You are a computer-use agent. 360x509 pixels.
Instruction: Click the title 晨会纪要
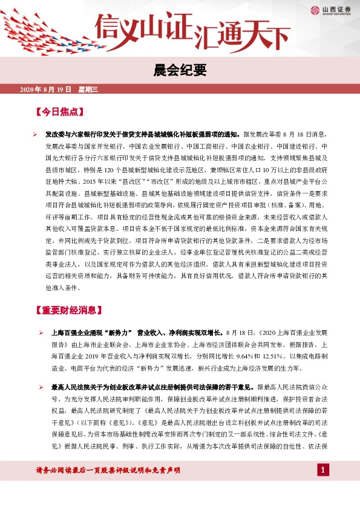click(x=180, y=70)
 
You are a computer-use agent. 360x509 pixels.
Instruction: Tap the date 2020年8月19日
click(x=46, y=89)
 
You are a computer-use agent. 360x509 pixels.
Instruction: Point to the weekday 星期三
click(x=88, y=89)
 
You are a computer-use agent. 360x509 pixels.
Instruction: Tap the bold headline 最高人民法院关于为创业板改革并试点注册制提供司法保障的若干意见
click(x=149, y=387)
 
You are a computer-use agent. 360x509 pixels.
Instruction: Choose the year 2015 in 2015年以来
click(x=90, y=181)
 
